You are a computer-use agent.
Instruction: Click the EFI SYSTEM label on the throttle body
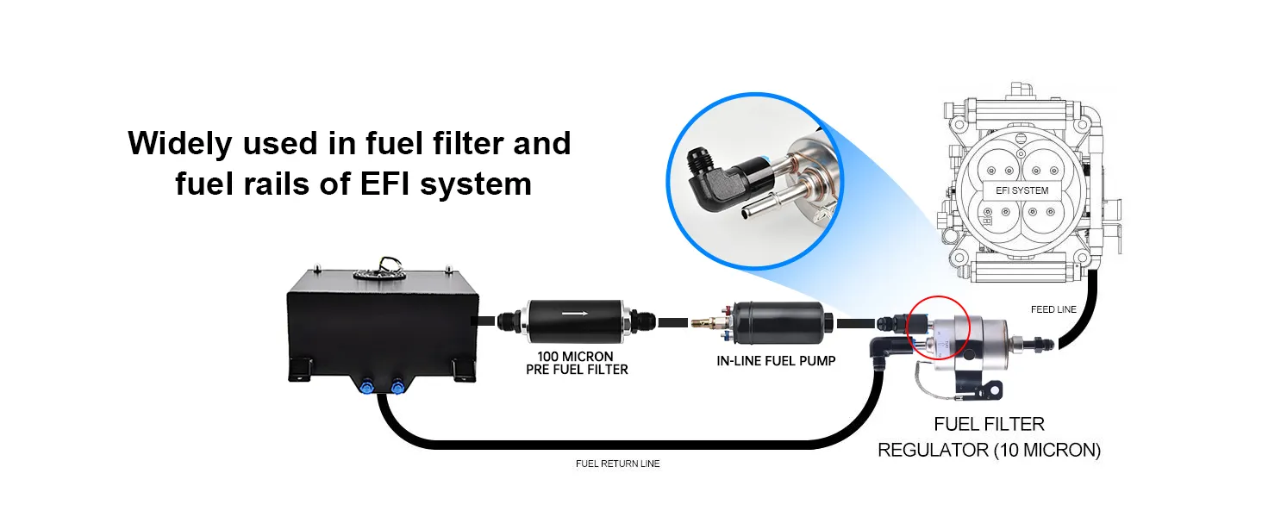(1021, 190)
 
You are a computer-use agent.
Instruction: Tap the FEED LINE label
(1053, 309)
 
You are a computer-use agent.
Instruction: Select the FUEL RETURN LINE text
(617, 464)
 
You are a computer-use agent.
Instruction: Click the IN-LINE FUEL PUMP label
(776, 361)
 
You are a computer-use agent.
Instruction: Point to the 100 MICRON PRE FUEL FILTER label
(577, 364)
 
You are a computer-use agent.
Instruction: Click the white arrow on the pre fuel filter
(575, 313)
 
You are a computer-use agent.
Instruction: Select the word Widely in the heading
(179, 144)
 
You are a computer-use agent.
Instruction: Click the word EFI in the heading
(384, 184)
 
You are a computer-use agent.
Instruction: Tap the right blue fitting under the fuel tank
(397, 386)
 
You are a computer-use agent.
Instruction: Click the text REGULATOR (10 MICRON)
(989, 450)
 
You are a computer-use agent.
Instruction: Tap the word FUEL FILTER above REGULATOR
(989, 424)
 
